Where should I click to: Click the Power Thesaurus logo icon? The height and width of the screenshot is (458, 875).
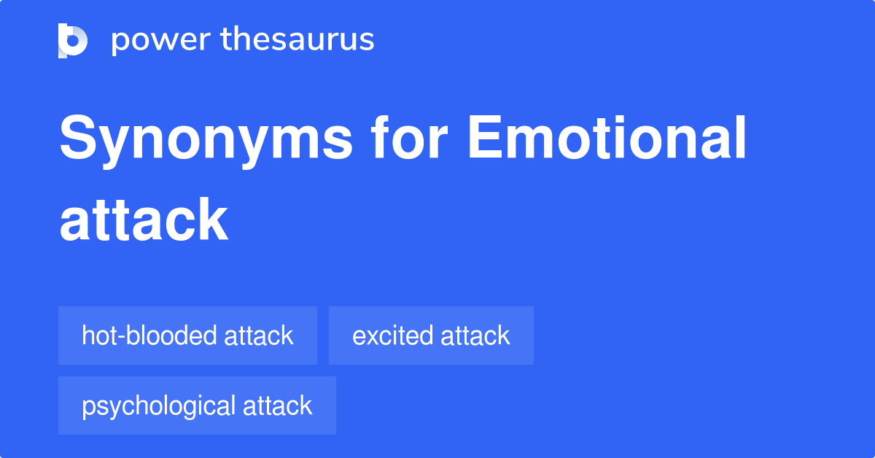73,40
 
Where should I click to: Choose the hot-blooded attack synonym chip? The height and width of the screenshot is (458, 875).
187,335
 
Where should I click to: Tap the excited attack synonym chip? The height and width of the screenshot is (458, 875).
431,335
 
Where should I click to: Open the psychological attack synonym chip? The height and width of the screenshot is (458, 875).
197,405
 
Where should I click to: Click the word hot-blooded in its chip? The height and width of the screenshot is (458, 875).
149,335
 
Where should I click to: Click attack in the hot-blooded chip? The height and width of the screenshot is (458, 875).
259,335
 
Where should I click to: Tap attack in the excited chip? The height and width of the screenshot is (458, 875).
475,335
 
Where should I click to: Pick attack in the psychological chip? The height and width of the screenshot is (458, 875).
278,405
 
